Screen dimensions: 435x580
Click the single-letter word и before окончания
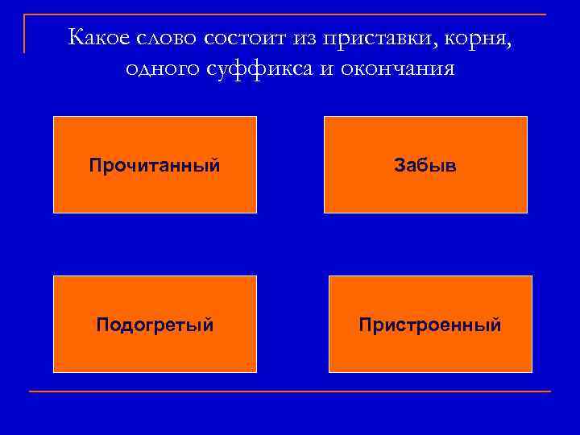point(325,70)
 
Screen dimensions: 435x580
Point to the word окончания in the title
point(396,70)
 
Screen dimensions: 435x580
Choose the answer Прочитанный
point(155,165)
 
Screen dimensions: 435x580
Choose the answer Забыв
point(425,165)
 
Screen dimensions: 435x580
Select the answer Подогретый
point(155,325)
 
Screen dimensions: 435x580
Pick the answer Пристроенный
point(430,325)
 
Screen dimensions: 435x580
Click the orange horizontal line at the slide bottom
point(290,391)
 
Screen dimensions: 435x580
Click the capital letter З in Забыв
point(400,165)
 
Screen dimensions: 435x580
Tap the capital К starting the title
point(76,36)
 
